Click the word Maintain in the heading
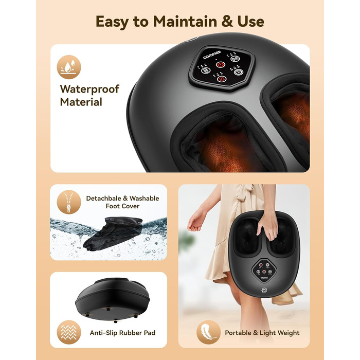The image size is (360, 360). click(185, 22)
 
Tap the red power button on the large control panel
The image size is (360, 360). click(220, 64)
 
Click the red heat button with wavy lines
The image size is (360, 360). click(222, 79)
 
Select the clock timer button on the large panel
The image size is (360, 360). click(239, 72)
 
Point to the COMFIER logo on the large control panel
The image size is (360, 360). click(212, 55)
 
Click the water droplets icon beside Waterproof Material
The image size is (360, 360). click(69, 67)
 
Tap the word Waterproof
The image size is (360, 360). click(89, 89)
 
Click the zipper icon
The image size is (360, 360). click(69, 202)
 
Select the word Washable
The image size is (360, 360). click(144, 198)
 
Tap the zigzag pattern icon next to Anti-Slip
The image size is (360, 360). click(69, 332)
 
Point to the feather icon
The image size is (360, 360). click(208, 332)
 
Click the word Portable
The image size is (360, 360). click(238, 333)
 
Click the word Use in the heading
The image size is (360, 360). click(251, 22)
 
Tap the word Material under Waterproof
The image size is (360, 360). click(81, 102)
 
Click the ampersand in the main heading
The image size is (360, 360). click(227, 22)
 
